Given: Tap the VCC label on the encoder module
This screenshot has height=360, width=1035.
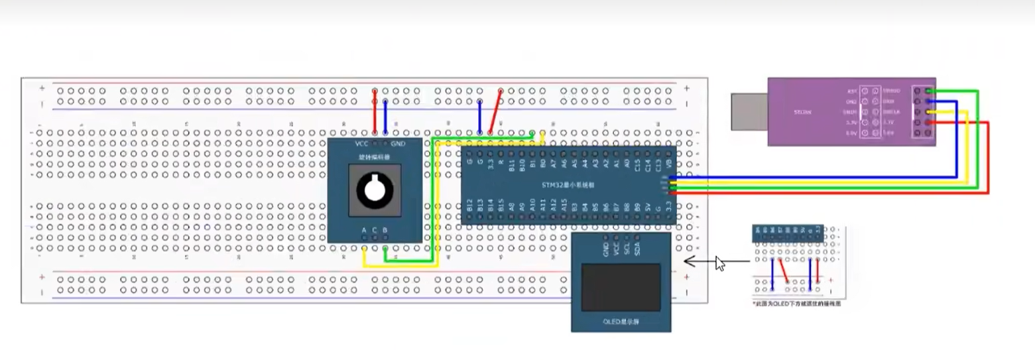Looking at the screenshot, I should click(x=362, y=144).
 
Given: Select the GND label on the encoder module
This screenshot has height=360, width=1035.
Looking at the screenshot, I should click(x=398, y=144).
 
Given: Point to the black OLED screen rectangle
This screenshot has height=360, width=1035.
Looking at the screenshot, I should click(x=621, y=287).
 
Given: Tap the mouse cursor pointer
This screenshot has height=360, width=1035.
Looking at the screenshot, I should click(x=719, y=263).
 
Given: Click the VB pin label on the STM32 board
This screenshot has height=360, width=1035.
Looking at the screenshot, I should click(x=668, y=162).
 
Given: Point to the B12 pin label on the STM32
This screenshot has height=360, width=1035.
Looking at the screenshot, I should click(x=469, y=206).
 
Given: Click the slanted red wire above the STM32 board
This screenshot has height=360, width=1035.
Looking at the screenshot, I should click(x=495, y=111).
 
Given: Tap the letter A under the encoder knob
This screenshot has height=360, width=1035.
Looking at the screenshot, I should click(x=364, y=231).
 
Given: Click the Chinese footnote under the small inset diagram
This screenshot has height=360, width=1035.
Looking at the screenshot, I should click(x=796, y=304).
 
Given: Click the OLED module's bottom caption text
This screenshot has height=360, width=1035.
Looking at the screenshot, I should click(x=621, y=322).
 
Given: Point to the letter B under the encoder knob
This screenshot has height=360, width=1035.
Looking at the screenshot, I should click(x=385, y=231).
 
